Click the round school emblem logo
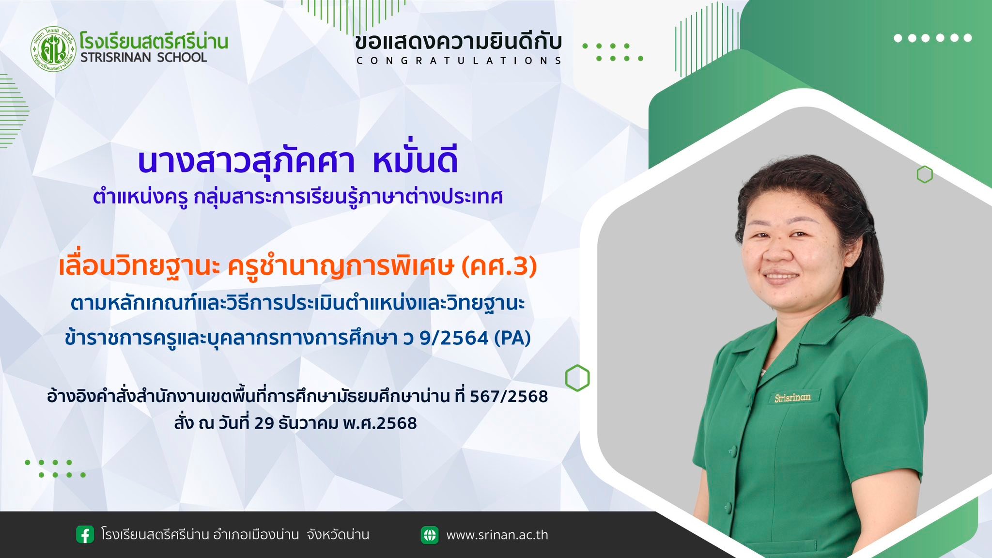pyautogui.click(x=53, y=48)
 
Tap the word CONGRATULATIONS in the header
pyautogui.click(x=459, y=61)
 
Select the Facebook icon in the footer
pyautogui.click(x=85, y=535)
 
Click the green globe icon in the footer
pyautogui.click(x=430, y=535)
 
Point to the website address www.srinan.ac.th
pyautogui.click(x=497, y=535)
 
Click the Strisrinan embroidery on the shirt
pyautogui.click(x=792, y=397)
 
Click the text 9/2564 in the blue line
pyautogui.click(x=454, y=338)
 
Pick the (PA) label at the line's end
pyautogui.click(x=512, y=338)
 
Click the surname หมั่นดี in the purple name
pyautogui.click(x=415, y=161)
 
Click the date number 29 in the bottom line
pyautogui.click(x=264, y=423)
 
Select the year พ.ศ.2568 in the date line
pyautogui.click(x=379, y=423)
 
